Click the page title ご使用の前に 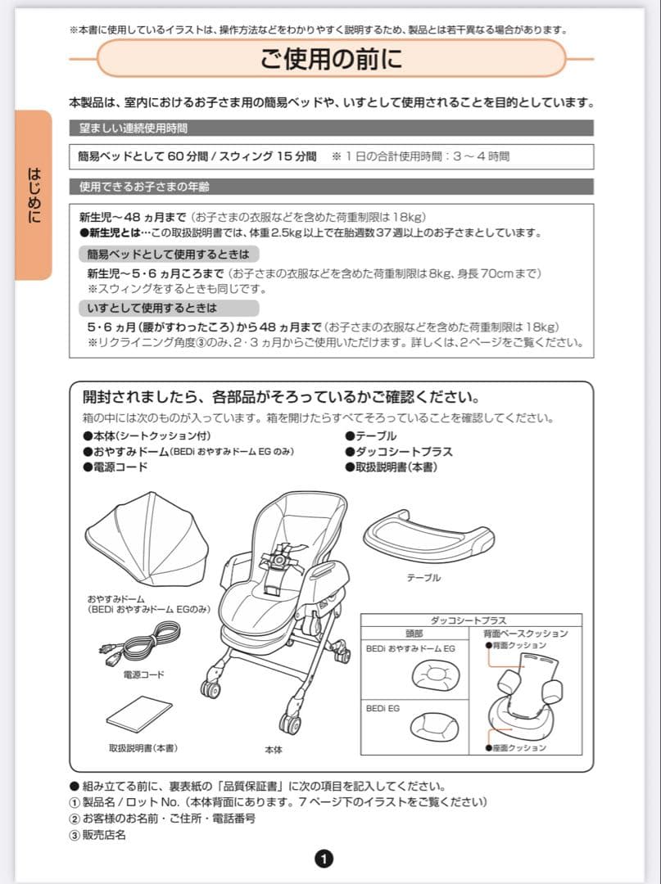tap(332, 59)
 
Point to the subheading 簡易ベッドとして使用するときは tap(168, 254)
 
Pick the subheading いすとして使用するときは tap(152, 309)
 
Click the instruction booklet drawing tap(139, 714)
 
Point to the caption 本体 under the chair tap(273, 750)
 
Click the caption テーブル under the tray tap(423, 578)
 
